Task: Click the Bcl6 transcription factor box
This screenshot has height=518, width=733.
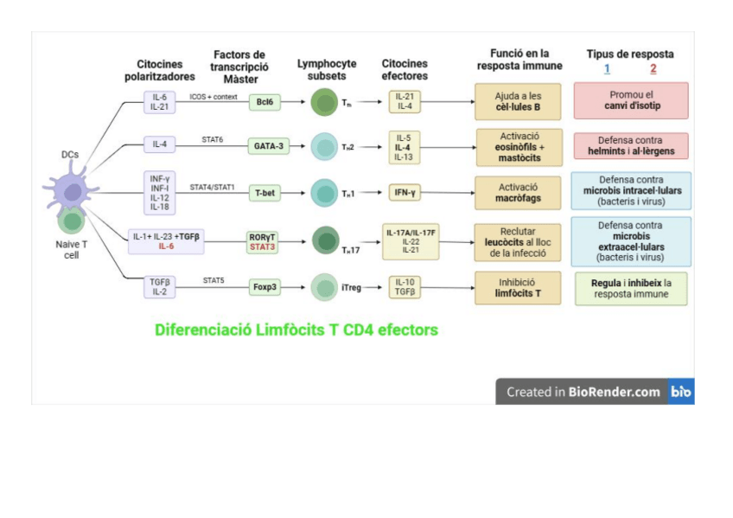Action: (x=265, y=102)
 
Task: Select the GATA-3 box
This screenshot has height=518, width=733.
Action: (x=265, y=146)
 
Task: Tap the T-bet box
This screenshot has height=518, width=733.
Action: (x=265, y=193)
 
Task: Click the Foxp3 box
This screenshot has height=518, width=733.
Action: (x=265, y=286)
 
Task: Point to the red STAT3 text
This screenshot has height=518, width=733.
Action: (x=263, y=246)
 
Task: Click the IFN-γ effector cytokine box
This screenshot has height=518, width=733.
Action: (x=405, y=192)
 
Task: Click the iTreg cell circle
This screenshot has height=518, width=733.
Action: (x=323, y=286)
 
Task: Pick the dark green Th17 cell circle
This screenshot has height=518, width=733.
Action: (x=325, y=240)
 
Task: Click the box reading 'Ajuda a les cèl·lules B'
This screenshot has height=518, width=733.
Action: (x=518, y=101)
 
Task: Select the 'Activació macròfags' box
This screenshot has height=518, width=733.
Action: (x=518, y=192)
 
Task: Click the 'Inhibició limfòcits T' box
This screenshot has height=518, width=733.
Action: (x=518, y=287)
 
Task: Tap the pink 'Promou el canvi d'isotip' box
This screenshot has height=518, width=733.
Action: (x=630, y=100)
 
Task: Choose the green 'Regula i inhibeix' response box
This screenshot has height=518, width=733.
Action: (x=631, y=288)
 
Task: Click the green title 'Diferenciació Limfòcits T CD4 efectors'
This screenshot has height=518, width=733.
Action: (x=296, y=329)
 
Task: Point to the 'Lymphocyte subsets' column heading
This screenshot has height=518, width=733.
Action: (x=326, y=69)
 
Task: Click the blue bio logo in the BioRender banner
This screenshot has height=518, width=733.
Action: (x=681, y=392)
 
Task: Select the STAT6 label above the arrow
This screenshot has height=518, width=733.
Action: (x=213, y=138)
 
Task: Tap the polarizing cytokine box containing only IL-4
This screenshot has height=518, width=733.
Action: (x=160, y=145)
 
